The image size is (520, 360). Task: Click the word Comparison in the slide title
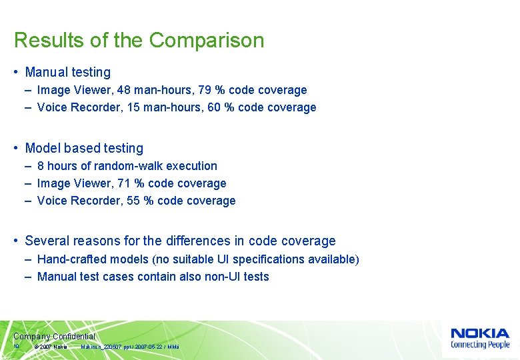[x=207, y=41]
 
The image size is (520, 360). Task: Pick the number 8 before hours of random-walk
[x=41, y=166]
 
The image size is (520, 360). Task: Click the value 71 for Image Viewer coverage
[x=119, y=183]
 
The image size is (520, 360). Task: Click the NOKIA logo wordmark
[x=479, y=333]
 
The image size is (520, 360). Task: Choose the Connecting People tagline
[x=479, y=345]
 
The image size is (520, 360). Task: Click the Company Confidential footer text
[x=54, y=337]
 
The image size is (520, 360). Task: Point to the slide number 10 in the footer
[x=16, y=347]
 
